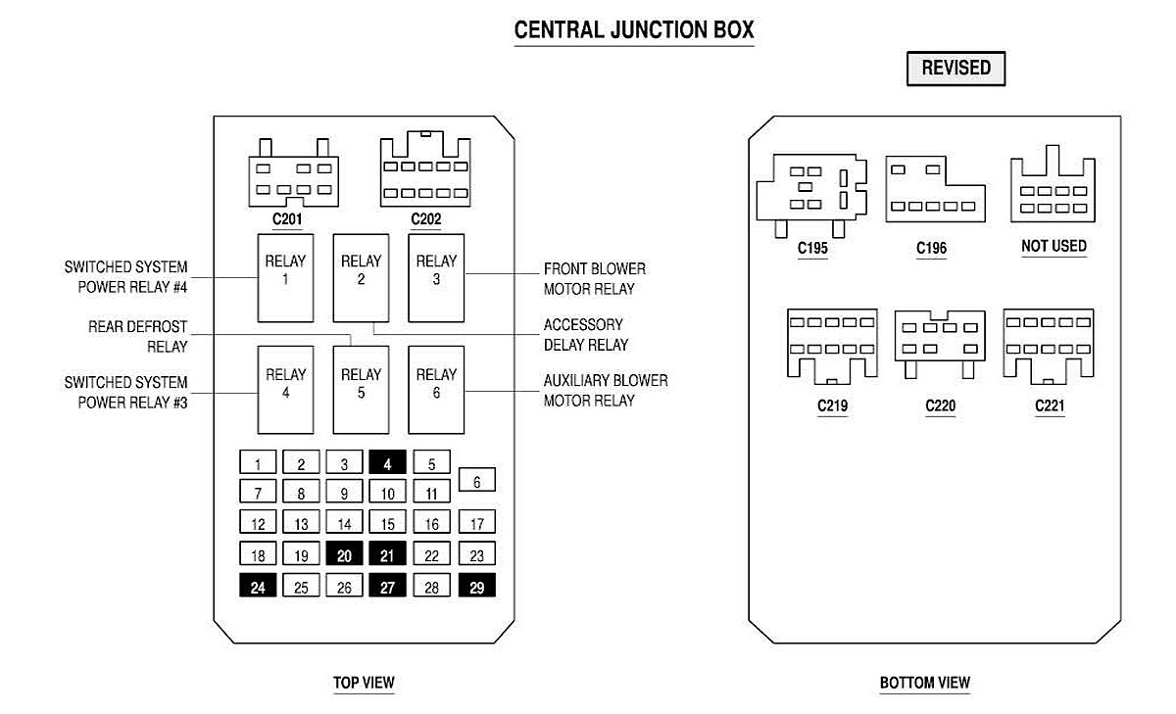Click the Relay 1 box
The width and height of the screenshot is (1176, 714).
285,278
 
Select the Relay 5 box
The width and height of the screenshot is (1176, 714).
361,390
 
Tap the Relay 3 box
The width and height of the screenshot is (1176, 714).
436,278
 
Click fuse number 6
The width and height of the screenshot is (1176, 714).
476,481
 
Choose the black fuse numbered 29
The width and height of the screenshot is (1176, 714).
476,587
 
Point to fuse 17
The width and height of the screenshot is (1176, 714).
476,523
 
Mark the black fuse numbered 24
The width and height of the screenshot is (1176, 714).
258,587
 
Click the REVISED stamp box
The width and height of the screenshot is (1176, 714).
955,69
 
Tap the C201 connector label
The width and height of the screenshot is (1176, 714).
286,219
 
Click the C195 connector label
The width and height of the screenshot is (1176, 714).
812,249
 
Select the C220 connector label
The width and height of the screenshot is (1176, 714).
940,405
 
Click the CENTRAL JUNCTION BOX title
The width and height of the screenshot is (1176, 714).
634,30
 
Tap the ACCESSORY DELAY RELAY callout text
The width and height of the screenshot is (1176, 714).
585,335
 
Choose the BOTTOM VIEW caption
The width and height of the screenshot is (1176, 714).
924,683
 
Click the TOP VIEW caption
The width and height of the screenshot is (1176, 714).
364,683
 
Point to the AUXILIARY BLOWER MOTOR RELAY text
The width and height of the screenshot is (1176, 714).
605,390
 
